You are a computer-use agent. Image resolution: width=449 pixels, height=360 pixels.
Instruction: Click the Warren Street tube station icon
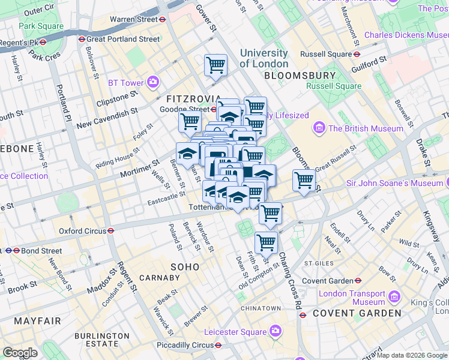pyautogui.click(x=163, y=19)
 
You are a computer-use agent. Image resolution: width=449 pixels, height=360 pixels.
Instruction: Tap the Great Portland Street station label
pyautogui.click(x=123, y=39)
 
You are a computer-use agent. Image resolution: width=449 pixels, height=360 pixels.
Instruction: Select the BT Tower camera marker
pyautogui.click(x=154, y=82)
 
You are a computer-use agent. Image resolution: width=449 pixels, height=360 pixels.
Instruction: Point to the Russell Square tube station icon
pyautogui.click(x=357, y=54)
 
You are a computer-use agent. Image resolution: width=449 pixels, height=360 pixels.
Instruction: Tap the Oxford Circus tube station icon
pyautogui.click(x=112, y=230)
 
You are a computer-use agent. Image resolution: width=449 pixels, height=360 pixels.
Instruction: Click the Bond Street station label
pyautogui.click(x=41, y=251)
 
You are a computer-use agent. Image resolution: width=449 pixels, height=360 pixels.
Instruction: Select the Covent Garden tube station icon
pyautogui.click(x=358, y=281)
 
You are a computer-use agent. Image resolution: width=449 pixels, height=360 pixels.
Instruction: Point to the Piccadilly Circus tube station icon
pyautogui.click(x=218, y=345)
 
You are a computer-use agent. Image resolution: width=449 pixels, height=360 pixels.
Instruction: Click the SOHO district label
pyautogui.click(x=185, y=266)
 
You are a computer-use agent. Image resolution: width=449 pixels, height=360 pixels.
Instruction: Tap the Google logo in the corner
pyautogui.click(x=20, y=353)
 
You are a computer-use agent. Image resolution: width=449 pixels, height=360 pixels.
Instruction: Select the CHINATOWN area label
pyautogui.click(x=261, y=308)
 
